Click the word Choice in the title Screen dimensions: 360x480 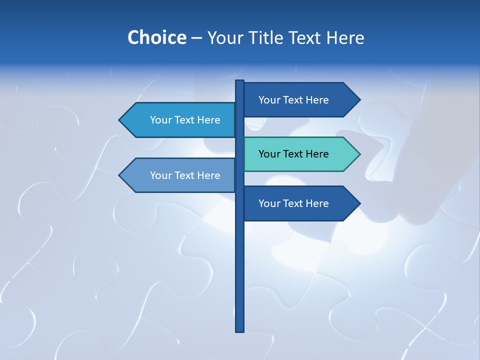coord(156,37)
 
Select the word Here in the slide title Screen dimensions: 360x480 coord(345,37)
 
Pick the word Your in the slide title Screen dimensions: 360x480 coord(225,37)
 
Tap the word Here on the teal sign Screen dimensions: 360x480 coord(317,154)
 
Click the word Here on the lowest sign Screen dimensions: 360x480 coord(317,203)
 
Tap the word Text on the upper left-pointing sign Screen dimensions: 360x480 coord(184,120)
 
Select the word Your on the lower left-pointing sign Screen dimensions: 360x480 coord(160,175)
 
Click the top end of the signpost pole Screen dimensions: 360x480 coord(239,81)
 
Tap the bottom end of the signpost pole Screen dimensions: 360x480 coord(239,330)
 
